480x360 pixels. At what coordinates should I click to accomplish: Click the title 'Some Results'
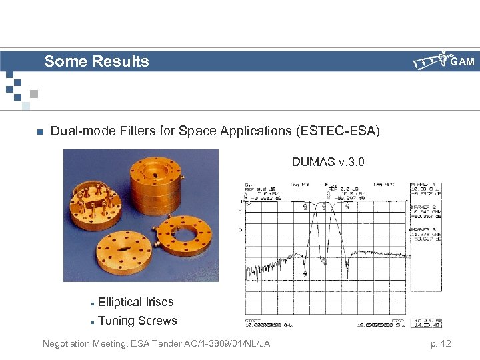click(97, 62)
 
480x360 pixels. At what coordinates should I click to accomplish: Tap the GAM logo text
click(462, 62)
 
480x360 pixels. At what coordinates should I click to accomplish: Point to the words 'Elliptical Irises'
click(135, 302)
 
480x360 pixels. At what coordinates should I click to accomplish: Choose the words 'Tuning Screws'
click(137, 321)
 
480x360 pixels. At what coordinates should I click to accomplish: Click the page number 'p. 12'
click(440, 343)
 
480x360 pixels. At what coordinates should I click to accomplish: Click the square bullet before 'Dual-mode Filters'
click(39, 132)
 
